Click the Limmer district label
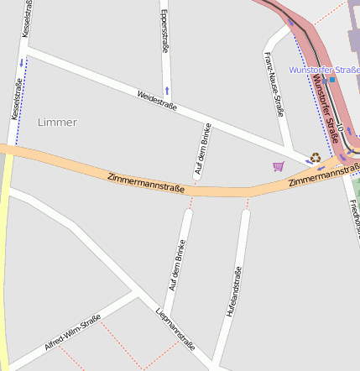[57, 123]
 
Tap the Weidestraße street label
[157, 100]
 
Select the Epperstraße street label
[164, 33]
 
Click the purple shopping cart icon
[279, 166]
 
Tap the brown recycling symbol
[316, 157]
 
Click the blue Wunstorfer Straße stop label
[323, 70]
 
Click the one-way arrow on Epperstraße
[167, 89]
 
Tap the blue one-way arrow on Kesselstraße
[21, 63]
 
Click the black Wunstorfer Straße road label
[325, 109]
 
